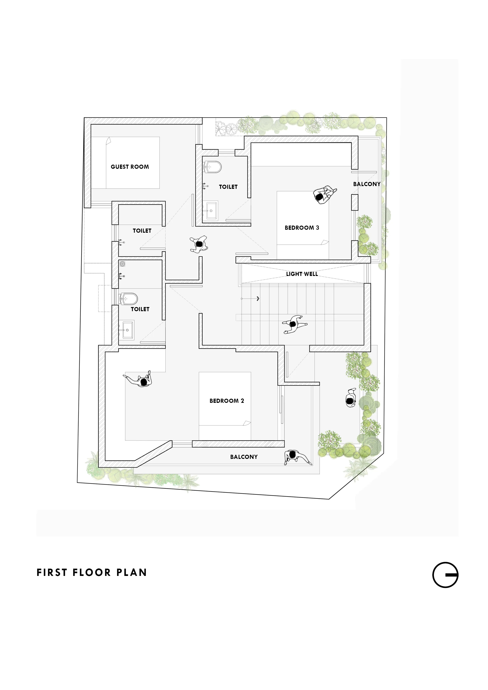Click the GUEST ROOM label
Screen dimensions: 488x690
[130, 167]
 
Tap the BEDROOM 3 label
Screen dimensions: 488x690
[302, 228]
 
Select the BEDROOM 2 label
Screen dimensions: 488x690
[227, 401]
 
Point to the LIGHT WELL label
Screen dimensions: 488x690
[302, 274]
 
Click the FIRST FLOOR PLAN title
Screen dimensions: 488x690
[92, 573]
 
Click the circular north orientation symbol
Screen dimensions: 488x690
[445, 575]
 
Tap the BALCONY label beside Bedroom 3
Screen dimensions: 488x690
[367, 184]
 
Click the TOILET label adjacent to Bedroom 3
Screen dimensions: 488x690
[228, 187]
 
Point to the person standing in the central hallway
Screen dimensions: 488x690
[199, 244]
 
